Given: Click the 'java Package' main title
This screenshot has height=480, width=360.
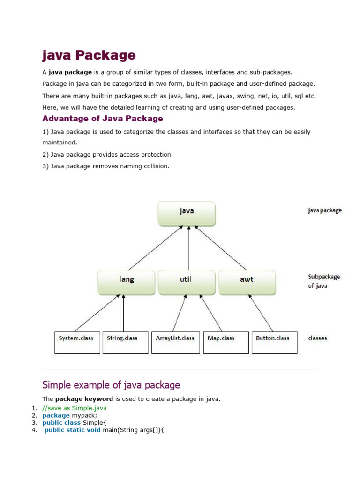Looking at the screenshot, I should pos(89,56).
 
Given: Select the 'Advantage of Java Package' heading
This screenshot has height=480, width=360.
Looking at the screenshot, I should pos(103,119).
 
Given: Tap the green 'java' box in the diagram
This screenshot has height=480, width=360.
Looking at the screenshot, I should pos(187,213).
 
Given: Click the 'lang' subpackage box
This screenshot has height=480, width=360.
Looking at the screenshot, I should pos(126,282).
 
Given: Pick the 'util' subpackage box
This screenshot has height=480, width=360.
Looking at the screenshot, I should pos(187,282).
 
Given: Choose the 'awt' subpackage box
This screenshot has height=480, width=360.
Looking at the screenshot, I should pos(247,282).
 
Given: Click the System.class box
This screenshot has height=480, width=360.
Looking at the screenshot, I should pos(77,343).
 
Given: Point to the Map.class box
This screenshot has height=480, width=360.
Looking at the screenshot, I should pos(226,343).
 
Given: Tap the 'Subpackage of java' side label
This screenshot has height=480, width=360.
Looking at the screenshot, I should pos(324,281).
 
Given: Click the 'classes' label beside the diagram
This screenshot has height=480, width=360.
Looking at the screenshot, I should pos(317,338).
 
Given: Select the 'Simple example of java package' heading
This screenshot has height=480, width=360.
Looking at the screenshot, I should pos(111,385).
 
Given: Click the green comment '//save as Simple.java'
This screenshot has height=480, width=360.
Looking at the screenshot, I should pos(74,408).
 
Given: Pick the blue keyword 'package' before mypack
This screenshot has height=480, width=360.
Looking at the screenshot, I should pos(56,415).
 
